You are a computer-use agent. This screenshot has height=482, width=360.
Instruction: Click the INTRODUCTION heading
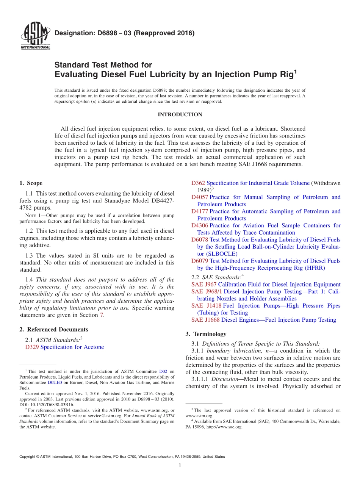coord(180,115)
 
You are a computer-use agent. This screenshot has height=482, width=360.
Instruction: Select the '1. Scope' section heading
coord(31,183)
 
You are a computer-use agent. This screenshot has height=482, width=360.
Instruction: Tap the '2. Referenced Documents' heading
coord(54,329)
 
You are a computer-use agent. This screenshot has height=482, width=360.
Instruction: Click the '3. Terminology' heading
coord(206,334)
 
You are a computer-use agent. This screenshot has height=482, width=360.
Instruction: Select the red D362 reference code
coord(198,183)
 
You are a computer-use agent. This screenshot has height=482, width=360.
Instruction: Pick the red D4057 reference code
coord(200,197)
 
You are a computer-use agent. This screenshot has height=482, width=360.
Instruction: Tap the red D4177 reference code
coord(200,211)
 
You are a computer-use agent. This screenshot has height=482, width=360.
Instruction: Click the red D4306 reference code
coord(200,225)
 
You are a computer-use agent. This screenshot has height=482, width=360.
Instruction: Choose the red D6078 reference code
coord(200,239)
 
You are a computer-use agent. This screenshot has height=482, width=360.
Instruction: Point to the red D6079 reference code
coord(200,261)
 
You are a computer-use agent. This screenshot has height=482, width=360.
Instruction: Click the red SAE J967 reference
coord(204,285)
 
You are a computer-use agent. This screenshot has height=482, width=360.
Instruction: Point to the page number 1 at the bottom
coord(180,465)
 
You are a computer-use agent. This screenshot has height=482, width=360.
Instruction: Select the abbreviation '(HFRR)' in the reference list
coord(313,268)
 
